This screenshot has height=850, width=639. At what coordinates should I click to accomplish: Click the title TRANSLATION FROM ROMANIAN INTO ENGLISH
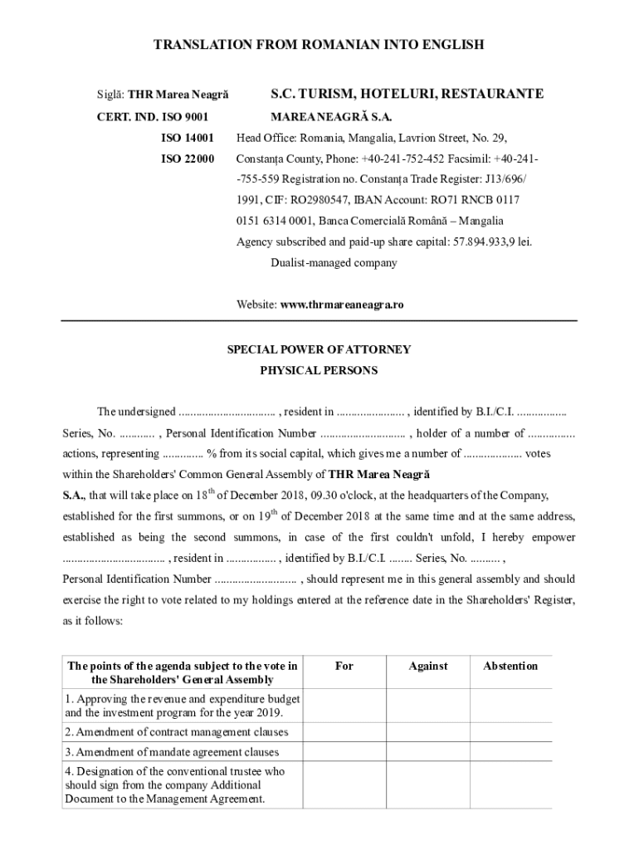319,45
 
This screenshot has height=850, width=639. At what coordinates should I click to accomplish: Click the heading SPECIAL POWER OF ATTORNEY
319,349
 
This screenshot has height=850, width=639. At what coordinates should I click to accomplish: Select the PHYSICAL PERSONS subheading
319,370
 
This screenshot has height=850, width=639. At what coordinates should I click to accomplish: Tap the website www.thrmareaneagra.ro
342,305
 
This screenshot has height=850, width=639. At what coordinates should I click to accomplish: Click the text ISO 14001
188,137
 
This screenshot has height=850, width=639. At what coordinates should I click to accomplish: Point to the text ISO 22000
188,158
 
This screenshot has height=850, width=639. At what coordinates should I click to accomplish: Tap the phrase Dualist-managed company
334,262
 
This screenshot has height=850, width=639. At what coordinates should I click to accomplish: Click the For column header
344,666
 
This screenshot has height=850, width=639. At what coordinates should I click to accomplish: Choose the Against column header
428,666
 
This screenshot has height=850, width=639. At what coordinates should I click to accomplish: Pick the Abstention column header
510,666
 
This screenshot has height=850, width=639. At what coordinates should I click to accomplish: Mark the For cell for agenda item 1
344,706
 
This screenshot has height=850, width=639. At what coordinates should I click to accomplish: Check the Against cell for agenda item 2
428,732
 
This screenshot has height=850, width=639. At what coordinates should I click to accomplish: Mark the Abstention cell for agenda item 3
510,752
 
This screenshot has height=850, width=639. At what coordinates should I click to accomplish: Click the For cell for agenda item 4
344,785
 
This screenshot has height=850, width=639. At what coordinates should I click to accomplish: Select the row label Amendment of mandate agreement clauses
172,752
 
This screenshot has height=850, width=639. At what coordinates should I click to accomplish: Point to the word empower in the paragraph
554,537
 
